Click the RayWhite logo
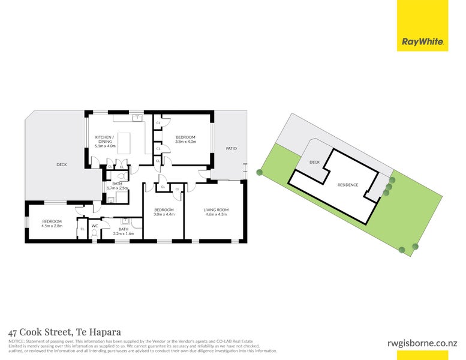coord(422,42)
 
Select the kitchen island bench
coord(125,142)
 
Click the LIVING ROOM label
coord(217,210)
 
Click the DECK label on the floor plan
coord(62,164)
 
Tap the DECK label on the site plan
coord(314,162)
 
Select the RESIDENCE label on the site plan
coord(347,185)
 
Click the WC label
coord(95,226)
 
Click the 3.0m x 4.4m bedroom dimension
coord(163,214)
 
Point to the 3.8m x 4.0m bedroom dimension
coord(185,142)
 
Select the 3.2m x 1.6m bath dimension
coord(123,233)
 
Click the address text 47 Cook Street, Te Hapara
coord(65,332)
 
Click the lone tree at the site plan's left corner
coord(259,173)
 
